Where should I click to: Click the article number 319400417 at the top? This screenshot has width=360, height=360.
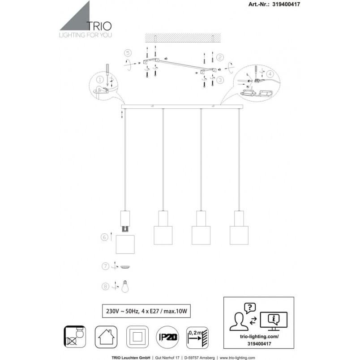tap(286, 4)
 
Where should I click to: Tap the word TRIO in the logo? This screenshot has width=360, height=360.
tap(99, 26)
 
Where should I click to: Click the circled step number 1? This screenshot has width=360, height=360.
tap(100, 80)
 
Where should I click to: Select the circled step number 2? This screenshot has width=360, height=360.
tap(220, 57)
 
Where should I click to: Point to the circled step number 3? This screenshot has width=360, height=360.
tap(220, 80)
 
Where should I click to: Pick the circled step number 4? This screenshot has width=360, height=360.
tap(270, 74)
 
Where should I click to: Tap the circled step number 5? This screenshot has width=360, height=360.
tap(128, 53)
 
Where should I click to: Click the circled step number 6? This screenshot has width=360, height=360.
tap(104, 237)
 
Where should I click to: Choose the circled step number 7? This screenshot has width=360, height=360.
tap(105, 266)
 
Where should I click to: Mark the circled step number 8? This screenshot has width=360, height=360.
tap(105, 287)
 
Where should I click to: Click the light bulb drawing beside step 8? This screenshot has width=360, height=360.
tap(125, 286)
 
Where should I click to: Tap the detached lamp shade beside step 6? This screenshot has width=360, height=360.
tap(125, 244)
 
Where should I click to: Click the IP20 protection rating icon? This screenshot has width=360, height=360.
tap(167, 337)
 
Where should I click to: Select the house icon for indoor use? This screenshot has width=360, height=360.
tap(106, 337)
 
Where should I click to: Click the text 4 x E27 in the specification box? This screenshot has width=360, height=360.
tap(150, 311)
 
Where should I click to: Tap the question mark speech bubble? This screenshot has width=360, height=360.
tap(250, 308)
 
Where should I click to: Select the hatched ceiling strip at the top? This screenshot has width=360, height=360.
tap(183, 38)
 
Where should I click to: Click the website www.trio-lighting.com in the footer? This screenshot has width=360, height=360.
tap(237, 358)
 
